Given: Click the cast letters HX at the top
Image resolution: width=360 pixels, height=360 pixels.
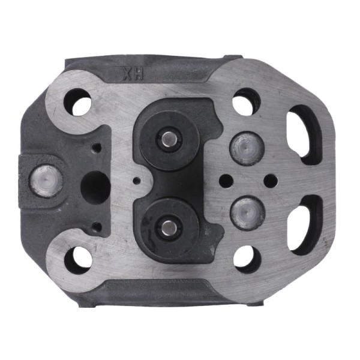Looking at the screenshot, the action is [133, 74].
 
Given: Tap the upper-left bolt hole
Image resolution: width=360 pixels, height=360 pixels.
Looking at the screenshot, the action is [78, 102].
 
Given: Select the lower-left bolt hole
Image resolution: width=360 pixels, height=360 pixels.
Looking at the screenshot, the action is [78, 260].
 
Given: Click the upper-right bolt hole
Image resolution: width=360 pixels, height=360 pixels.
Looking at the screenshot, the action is [247, 102].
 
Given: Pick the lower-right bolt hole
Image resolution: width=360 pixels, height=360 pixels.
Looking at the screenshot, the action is [248, 259].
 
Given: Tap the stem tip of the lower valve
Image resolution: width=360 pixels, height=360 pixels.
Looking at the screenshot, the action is [169, 227].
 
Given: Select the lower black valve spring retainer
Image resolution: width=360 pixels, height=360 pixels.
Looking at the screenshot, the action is [170, 228].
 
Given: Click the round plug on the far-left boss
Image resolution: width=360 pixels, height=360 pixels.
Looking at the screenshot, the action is [46, 181].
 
